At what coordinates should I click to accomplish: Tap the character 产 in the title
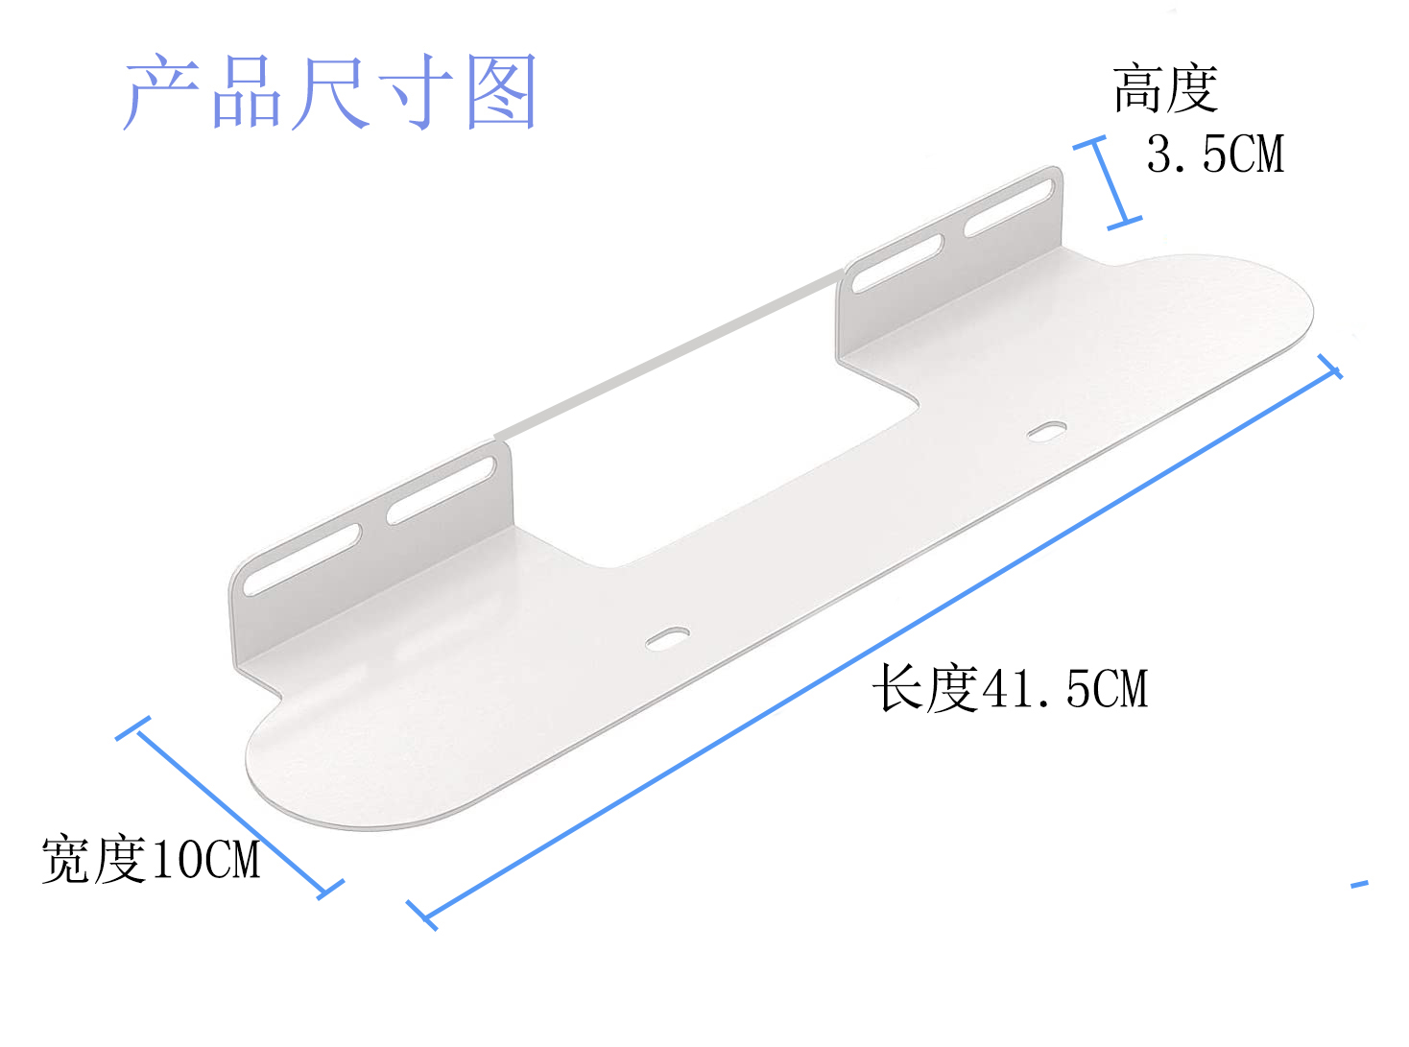click(x=161, y=92)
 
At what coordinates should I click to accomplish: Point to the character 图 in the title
click(x=500, y=92)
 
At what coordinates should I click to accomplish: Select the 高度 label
click(x=1165, y=89)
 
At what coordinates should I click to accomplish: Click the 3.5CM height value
click(x=1215, y=155)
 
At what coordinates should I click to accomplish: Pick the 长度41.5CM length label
click(x=1010, y=689)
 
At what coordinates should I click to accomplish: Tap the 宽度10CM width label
click(x=151, y=858)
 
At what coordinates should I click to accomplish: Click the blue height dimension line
click(x=1108, y=182)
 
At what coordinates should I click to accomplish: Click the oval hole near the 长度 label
click(x=667, y=638)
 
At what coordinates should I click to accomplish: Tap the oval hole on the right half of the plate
click(x=1046, y=431)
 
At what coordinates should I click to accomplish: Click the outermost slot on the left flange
click(x=301, y=559)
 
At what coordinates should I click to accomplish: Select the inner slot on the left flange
click(x=442, y=491)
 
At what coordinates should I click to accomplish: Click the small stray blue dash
click(x=1359, y=884)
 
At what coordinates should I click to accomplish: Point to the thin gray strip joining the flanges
click(x=672, y=355)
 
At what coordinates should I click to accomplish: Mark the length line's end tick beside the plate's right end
click(x=1329, y=367)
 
